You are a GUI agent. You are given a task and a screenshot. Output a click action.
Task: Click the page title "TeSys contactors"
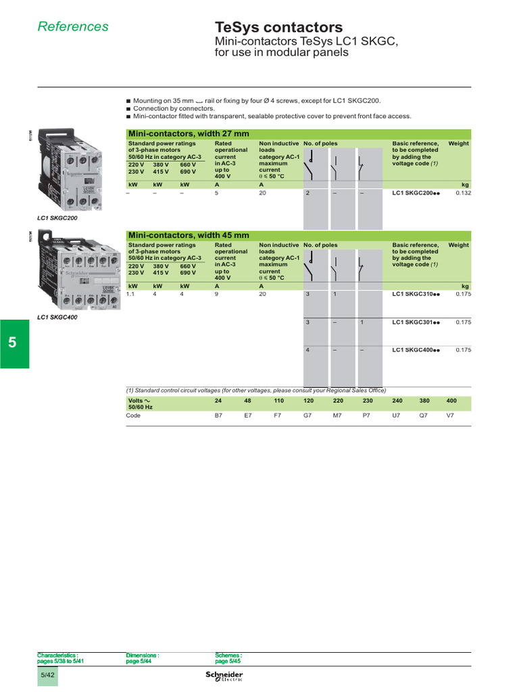278,28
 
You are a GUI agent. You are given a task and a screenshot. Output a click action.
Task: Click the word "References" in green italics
73,27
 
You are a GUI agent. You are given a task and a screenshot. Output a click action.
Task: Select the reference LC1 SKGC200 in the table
416,193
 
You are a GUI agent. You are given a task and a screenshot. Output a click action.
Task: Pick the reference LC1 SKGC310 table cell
416,295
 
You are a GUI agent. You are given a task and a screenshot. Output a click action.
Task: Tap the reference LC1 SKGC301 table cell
416,322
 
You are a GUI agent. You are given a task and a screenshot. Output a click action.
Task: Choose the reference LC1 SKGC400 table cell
416,350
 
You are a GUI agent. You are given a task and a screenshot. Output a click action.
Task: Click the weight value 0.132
462,193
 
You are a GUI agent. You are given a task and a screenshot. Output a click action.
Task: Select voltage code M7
337,416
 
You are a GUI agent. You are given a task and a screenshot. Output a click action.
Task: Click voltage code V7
450,416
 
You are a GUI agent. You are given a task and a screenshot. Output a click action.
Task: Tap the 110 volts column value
278,400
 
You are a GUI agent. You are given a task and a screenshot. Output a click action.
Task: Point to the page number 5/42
47,676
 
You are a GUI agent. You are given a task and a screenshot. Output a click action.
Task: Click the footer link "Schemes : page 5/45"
228,658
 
